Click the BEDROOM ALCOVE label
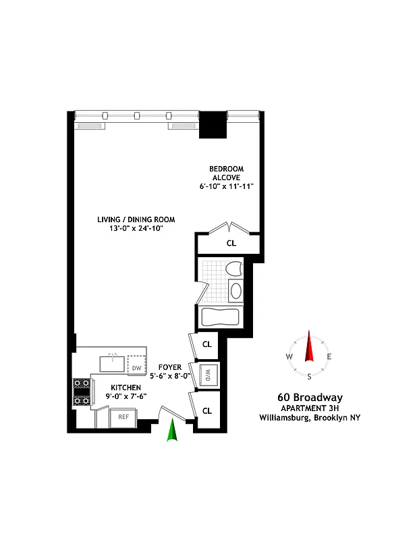226,173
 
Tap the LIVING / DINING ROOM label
136,219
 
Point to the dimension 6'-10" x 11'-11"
227,186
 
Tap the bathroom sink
236,292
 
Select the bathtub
219,317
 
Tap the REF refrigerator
123,417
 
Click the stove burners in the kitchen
82,392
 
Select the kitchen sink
113,364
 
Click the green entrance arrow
172,430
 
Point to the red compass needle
310,347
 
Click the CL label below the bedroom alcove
231,243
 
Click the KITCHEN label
126,387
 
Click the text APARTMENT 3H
310,408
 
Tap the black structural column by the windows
215,124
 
